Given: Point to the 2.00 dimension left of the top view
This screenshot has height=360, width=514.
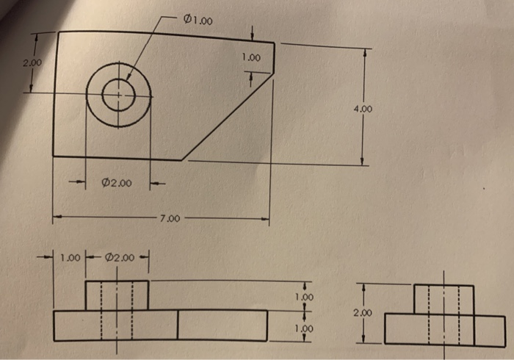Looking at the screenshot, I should click(x=32, y=64).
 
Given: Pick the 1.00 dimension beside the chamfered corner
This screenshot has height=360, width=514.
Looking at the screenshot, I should click(x=251, y=57).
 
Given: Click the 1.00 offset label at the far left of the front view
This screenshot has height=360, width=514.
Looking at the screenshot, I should click(x=70, y=258).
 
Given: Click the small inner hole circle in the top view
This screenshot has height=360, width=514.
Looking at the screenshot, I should click(x=118, y=94).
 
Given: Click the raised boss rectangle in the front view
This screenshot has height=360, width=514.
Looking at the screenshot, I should click(x=117, y=295).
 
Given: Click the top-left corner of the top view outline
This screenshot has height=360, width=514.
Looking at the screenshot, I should click(x=57, y=32).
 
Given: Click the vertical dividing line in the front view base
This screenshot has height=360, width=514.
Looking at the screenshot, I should click(x=178, y=325).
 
